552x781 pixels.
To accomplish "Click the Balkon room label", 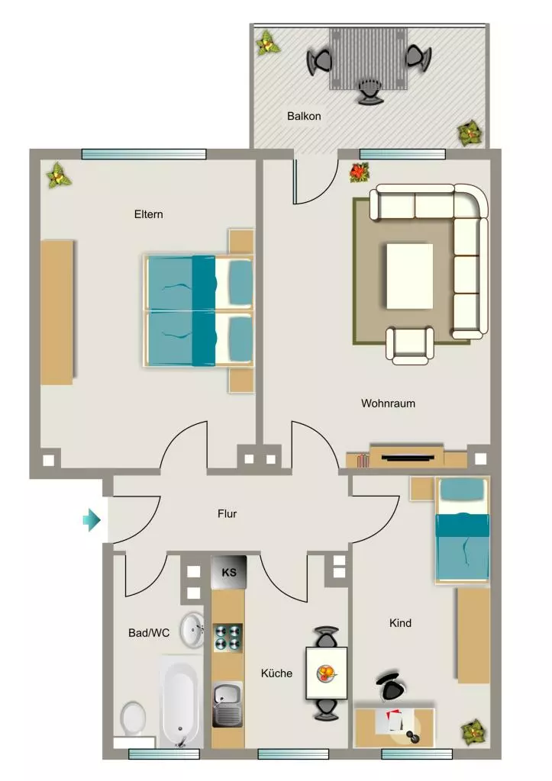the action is tap(304, 116).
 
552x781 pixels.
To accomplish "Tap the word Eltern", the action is tap(149, 214).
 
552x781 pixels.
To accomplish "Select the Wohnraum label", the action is tap(388, 403).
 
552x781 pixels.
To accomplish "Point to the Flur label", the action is tap(227, 513).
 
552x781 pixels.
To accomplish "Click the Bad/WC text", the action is tap(149, 633).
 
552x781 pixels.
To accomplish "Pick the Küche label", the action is tap(276, 673).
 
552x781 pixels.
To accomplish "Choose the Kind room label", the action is tap(400, 623).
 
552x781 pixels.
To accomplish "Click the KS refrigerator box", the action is tap(229, 572).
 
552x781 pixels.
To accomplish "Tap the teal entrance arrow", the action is tap(92, 520).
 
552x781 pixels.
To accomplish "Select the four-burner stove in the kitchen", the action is tap(228, 638).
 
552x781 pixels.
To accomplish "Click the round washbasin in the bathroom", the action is tap(192, 630).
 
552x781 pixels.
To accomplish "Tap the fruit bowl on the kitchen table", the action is tap(325, 674).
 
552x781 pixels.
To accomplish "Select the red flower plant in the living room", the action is tap(359, 173).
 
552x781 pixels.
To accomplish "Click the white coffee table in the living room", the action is tap(409, 275).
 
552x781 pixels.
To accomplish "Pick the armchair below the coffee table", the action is tap(410, 346).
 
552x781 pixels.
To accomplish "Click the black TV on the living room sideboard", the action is tap(407, 458).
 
